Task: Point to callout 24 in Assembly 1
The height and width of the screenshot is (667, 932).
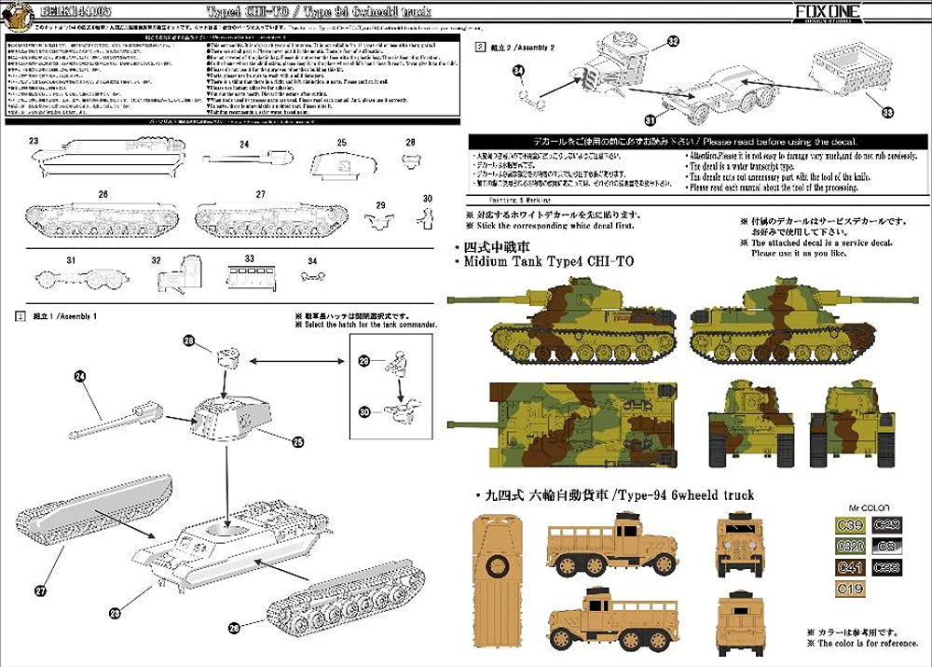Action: point(79,376)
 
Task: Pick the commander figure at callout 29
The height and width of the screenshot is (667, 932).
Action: point(397,366)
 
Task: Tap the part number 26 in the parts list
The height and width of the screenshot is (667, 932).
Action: point(103,194)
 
